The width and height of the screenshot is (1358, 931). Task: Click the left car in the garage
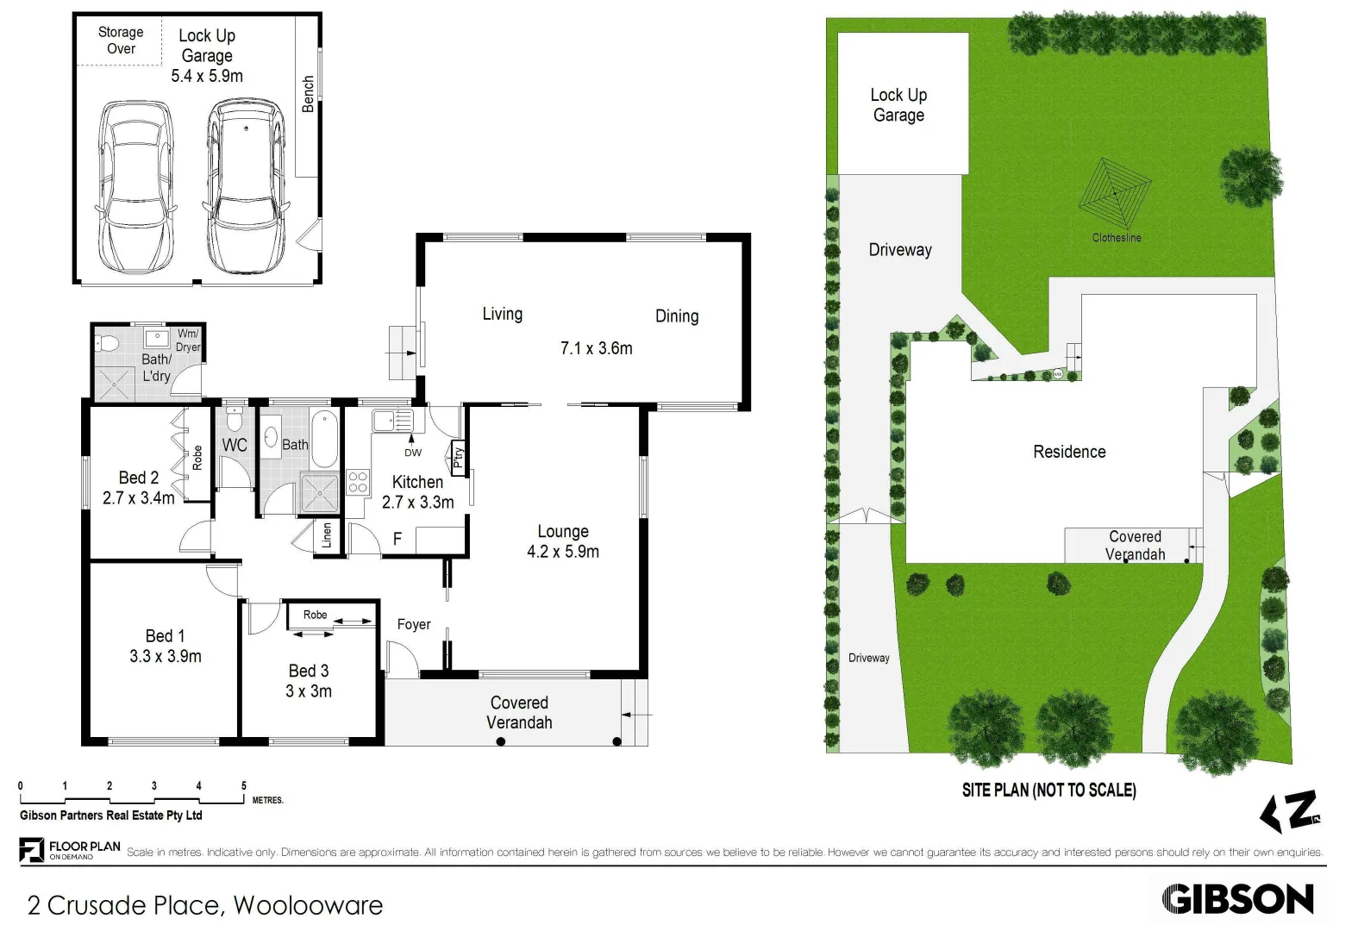pos(136,185)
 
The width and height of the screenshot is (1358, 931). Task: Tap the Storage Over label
pos(121,41)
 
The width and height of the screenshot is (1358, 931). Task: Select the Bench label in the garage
pos(308,94)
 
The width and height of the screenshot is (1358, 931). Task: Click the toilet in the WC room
pos(234,420)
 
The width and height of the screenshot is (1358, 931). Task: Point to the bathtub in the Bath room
pos(324,438)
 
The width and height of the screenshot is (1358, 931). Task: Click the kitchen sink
pos(392,421)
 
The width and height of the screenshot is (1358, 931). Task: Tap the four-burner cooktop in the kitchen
pos(358,482)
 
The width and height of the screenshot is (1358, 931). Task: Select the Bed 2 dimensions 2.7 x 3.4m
pos(138,498)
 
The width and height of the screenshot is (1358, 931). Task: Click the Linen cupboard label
pos(327,535)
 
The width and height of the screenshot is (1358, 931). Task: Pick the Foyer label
pos(414,624)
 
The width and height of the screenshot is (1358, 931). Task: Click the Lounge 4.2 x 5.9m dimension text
pos(563,552)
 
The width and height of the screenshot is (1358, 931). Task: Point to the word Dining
pos(677,316)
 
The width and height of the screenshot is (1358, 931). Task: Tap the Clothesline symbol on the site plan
pos(1115,193)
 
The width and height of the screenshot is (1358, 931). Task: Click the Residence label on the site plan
pos(1069,452)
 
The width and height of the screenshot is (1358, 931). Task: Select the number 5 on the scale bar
pos(244,785)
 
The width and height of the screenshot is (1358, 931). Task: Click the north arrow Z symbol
pos(1291,811)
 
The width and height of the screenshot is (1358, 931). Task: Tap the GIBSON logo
pos(1237,899)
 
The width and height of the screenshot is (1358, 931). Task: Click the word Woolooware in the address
pos(308,905)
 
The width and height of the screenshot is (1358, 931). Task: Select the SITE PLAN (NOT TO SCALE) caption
pos(1048,790)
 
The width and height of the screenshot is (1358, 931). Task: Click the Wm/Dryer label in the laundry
pos(188,341)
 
